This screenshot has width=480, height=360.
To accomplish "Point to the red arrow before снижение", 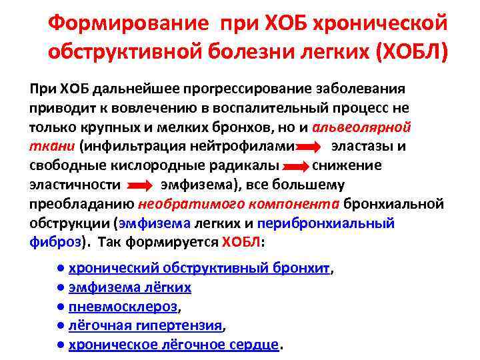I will click(x=297, y=165).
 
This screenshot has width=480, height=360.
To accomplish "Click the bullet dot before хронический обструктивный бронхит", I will click(x=61, y=268).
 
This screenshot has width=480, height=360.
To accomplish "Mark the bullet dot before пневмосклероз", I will click(x=61, y=307).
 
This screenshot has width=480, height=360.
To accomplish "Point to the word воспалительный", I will click(x=299, y=108).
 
